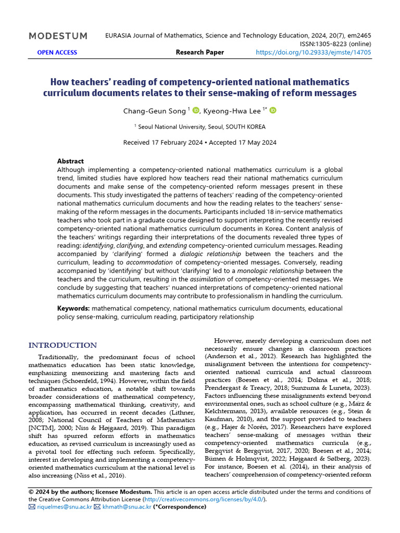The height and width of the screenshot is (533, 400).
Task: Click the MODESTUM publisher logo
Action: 58,36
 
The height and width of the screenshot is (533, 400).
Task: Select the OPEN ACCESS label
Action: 57,53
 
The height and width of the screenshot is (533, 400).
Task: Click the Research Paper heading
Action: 200,53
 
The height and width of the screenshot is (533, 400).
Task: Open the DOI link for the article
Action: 314,53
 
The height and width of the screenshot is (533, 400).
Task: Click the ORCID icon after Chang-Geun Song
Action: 196,110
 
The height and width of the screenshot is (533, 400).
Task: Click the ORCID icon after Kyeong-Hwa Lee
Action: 273,110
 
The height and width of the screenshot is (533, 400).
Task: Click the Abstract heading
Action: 70,161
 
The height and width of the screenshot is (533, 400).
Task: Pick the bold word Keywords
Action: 73,309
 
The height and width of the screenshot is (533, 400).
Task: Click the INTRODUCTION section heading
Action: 63,346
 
